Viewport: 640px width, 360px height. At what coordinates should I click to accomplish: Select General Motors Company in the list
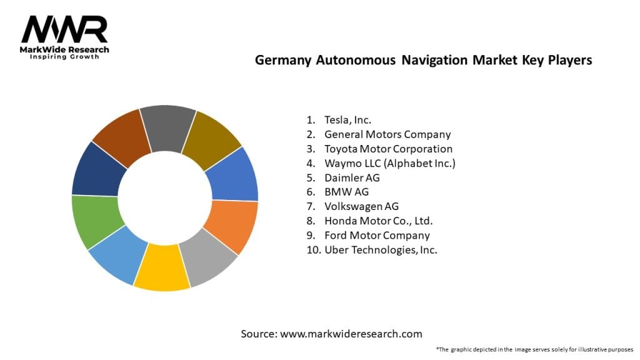(387, 134)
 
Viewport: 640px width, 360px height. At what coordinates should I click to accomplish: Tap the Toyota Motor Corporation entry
(388, 149)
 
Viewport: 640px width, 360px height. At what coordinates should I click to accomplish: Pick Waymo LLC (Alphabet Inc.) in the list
(389, 163)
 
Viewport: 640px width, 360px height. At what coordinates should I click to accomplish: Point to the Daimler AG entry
(352, 177)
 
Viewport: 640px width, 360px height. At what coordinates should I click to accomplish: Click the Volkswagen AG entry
(361, 206)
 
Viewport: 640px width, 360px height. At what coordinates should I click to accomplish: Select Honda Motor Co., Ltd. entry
(378, 221)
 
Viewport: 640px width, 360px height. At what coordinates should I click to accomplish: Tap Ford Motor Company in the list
(377, 235)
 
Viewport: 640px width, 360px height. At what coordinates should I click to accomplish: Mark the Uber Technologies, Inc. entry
(381, 249)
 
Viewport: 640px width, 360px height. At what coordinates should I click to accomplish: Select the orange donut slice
(231, 225)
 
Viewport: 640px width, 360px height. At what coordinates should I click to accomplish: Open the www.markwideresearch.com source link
(351, 334)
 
